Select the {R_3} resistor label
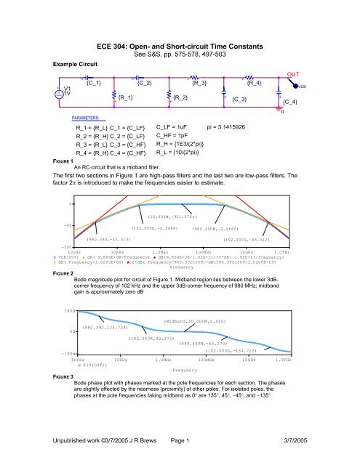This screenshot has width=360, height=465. (x=199, y=84)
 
